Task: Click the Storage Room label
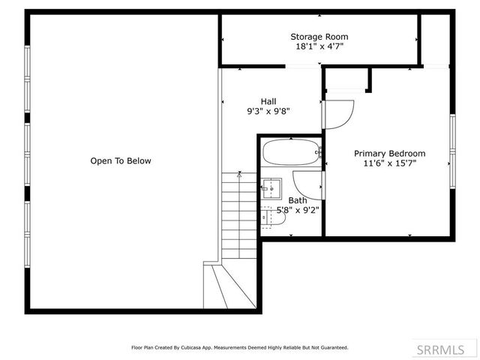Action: [319, 36]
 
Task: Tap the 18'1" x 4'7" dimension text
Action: [319, 46]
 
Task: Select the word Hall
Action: [268, 101]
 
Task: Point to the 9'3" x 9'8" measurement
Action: [268, 111]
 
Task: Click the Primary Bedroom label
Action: [389, 153]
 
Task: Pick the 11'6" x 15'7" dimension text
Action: [389, 163]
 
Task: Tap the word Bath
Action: [298, 200]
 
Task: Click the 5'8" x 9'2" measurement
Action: [298, 210]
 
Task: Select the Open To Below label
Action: [121, 160]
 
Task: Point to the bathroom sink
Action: [271, 187]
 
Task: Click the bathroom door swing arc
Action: [306, 185]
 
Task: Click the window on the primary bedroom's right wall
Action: [452, 149]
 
